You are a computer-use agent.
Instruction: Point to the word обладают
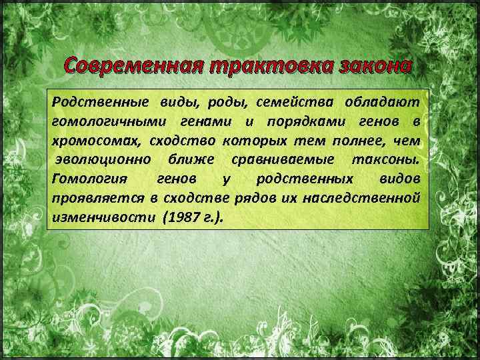[x=382, y=102]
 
